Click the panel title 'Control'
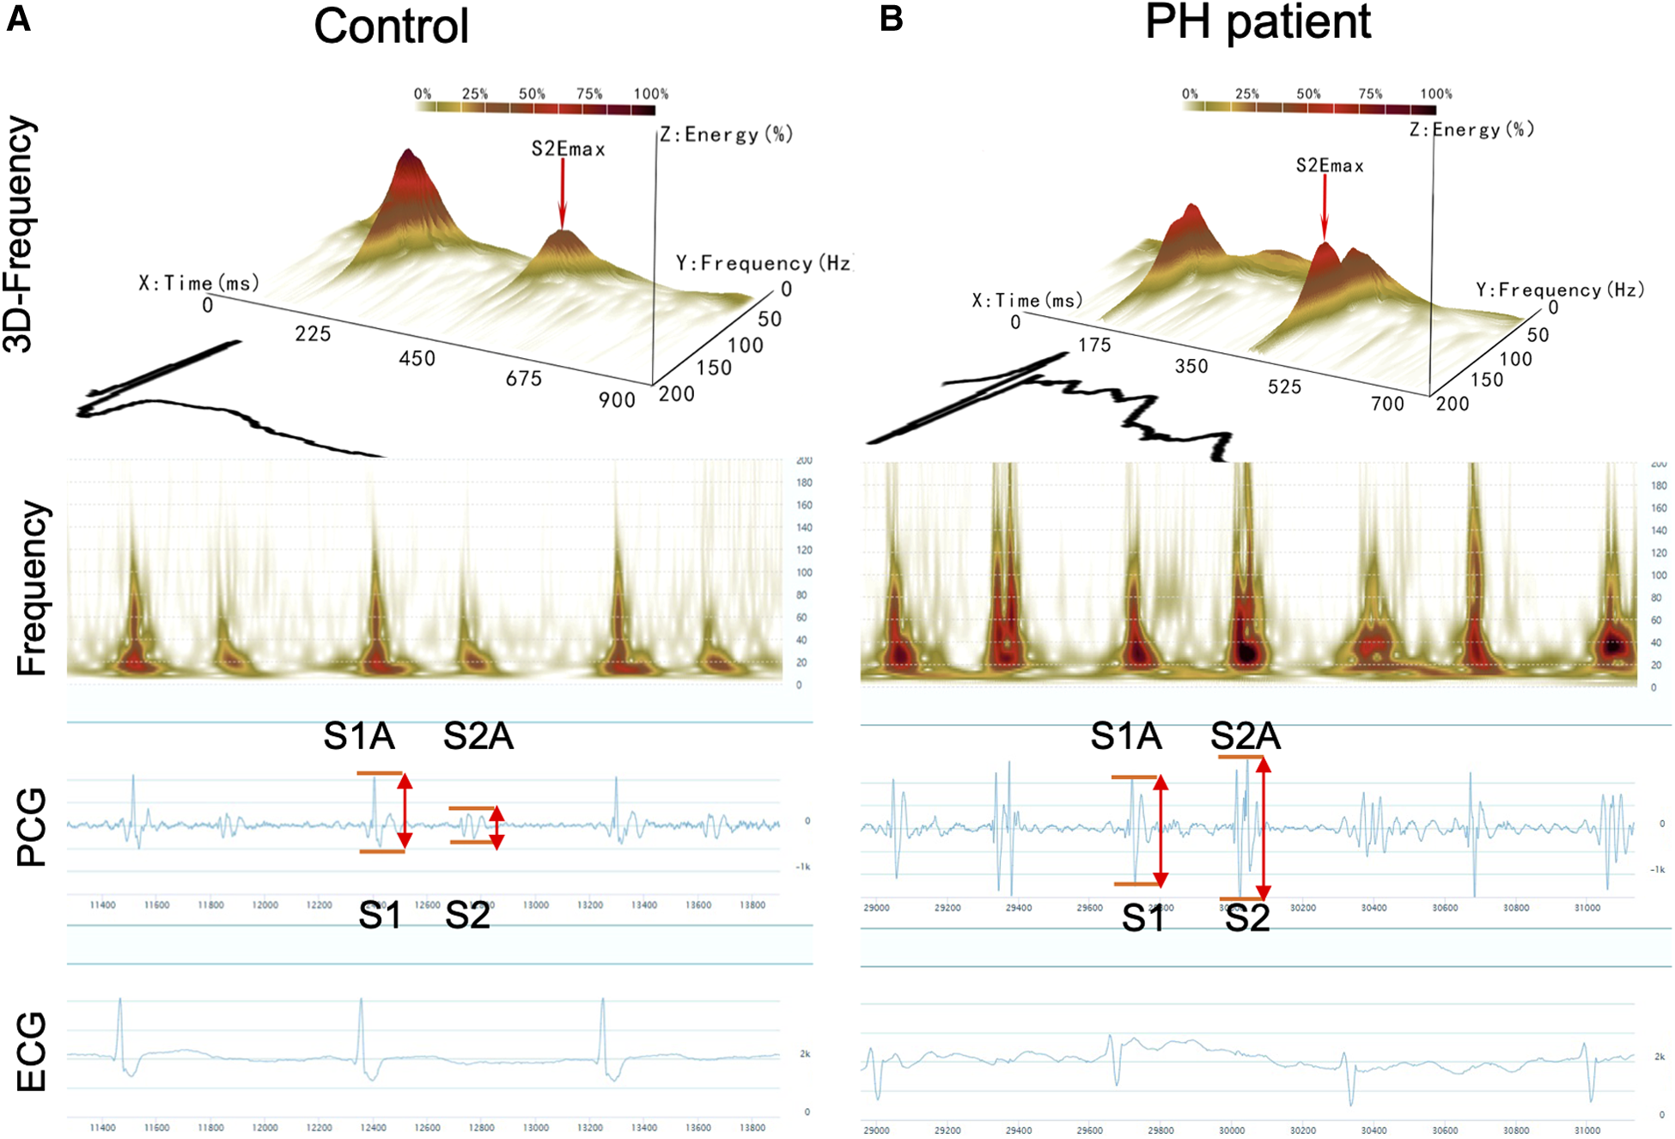pyautogui.click(x=391, y=27)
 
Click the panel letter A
pyautogui.click(x=18, y=18)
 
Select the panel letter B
pyautogui.click(x=891, y=18)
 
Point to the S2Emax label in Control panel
pyautogui.click(x=568, y=149)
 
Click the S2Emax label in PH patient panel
pyautogui.click(x=1329, y=166)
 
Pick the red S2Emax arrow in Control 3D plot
pyautogui.click(x=563, y=193)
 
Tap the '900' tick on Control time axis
pyautogui.click(x=617, y=400)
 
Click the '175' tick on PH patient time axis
pyautogui.click(x=1094, y=345)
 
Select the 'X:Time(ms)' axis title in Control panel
pyautogui.click(x=198, y=283)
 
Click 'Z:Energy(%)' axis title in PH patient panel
pyautogui.click(x=1471, y=130)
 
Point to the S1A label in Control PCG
pyautogui.click(x=358, y=736)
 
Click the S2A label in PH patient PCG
pyautogui.click(x=1245, y=736)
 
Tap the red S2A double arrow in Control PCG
pyautogui.click(x=496, y=827)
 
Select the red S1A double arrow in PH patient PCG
pyautogui.click(x=1160, y=831)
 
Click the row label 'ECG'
pyautogui.click(x=32, y=1051)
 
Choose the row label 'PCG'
pyautogui.click(x=32, y=827)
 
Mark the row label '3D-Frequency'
pyautogui.click(x=19, y=234)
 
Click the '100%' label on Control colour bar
pyautogui.click(x=650, y=94)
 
